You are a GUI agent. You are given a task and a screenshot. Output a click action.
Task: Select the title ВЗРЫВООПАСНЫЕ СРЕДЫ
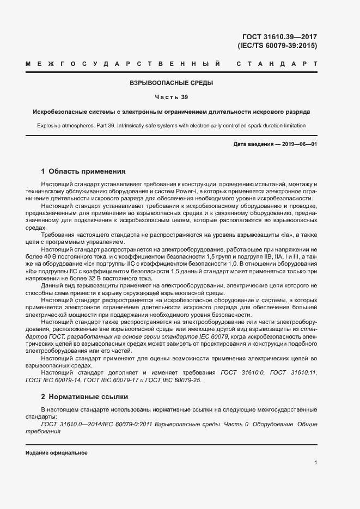tap(171, 83)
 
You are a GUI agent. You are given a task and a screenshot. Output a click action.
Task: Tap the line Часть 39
tap(171, 97)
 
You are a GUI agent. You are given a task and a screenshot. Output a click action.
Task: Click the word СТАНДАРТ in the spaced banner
tap(277, 64)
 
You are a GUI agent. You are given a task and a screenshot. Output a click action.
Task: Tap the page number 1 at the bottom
tap(315, 463)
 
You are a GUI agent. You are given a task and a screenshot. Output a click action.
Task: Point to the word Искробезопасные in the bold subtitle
tap(59, 112)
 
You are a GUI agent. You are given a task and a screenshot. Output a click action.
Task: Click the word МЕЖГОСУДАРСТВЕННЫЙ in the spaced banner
tap(123, 64)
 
